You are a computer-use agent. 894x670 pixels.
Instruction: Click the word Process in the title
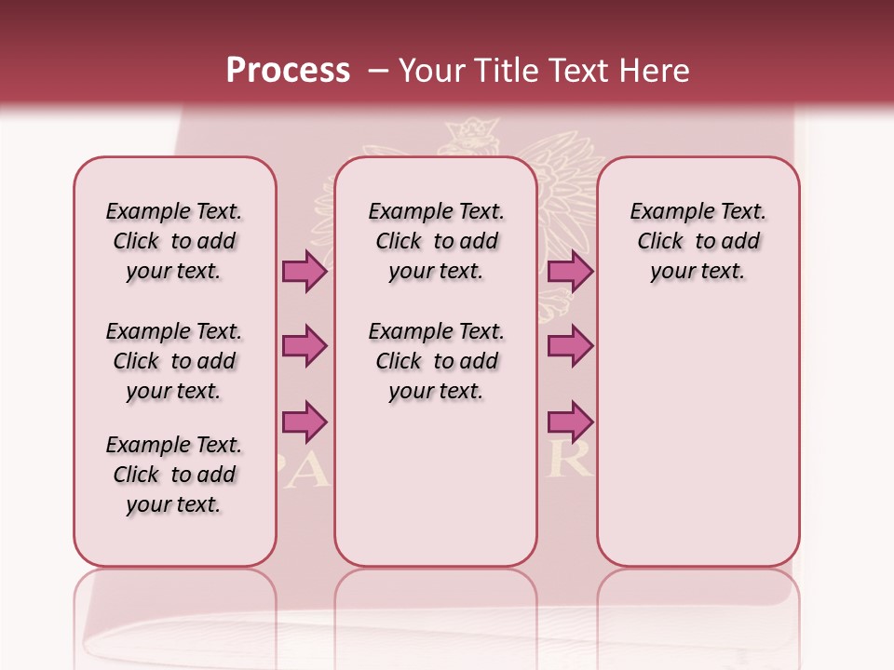288,70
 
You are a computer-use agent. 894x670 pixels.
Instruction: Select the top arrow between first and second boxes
305,271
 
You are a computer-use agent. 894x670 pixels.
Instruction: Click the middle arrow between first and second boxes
305,346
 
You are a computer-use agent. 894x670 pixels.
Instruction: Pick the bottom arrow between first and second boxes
305,422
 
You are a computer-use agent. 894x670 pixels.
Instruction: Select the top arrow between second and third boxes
570,271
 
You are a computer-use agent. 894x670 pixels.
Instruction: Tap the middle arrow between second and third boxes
570,346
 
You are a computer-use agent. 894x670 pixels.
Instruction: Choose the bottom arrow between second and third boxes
570,422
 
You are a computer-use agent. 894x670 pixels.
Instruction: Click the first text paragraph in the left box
174,241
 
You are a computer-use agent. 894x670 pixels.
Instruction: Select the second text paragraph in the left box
174,361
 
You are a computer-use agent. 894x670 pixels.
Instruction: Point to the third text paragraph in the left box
174,475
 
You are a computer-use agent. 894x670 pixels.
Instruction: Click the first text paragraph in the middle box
437,241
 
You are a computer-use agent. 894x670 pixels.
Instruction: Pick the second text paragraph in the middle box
437,361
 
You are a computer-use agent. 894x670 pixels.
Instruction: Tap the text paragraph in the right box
698,241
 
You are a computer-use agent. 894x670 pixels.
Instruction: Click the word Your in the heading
430,71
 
